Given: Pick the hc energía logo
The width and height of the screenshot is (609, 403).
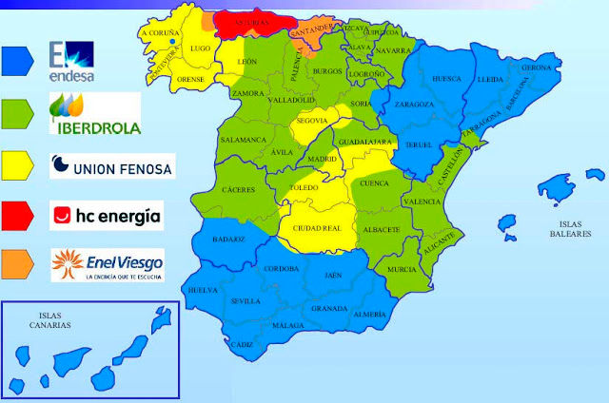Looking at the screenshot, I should [105, 215].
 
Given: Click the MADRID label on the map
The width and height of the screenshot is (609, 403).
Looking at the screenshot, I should [322, 159].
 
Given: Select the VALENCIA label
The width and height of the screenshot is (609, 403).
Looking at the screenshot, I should [422, 201].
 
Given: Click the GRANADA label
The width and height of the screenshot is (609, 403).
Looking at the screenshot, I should [328, 309].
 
